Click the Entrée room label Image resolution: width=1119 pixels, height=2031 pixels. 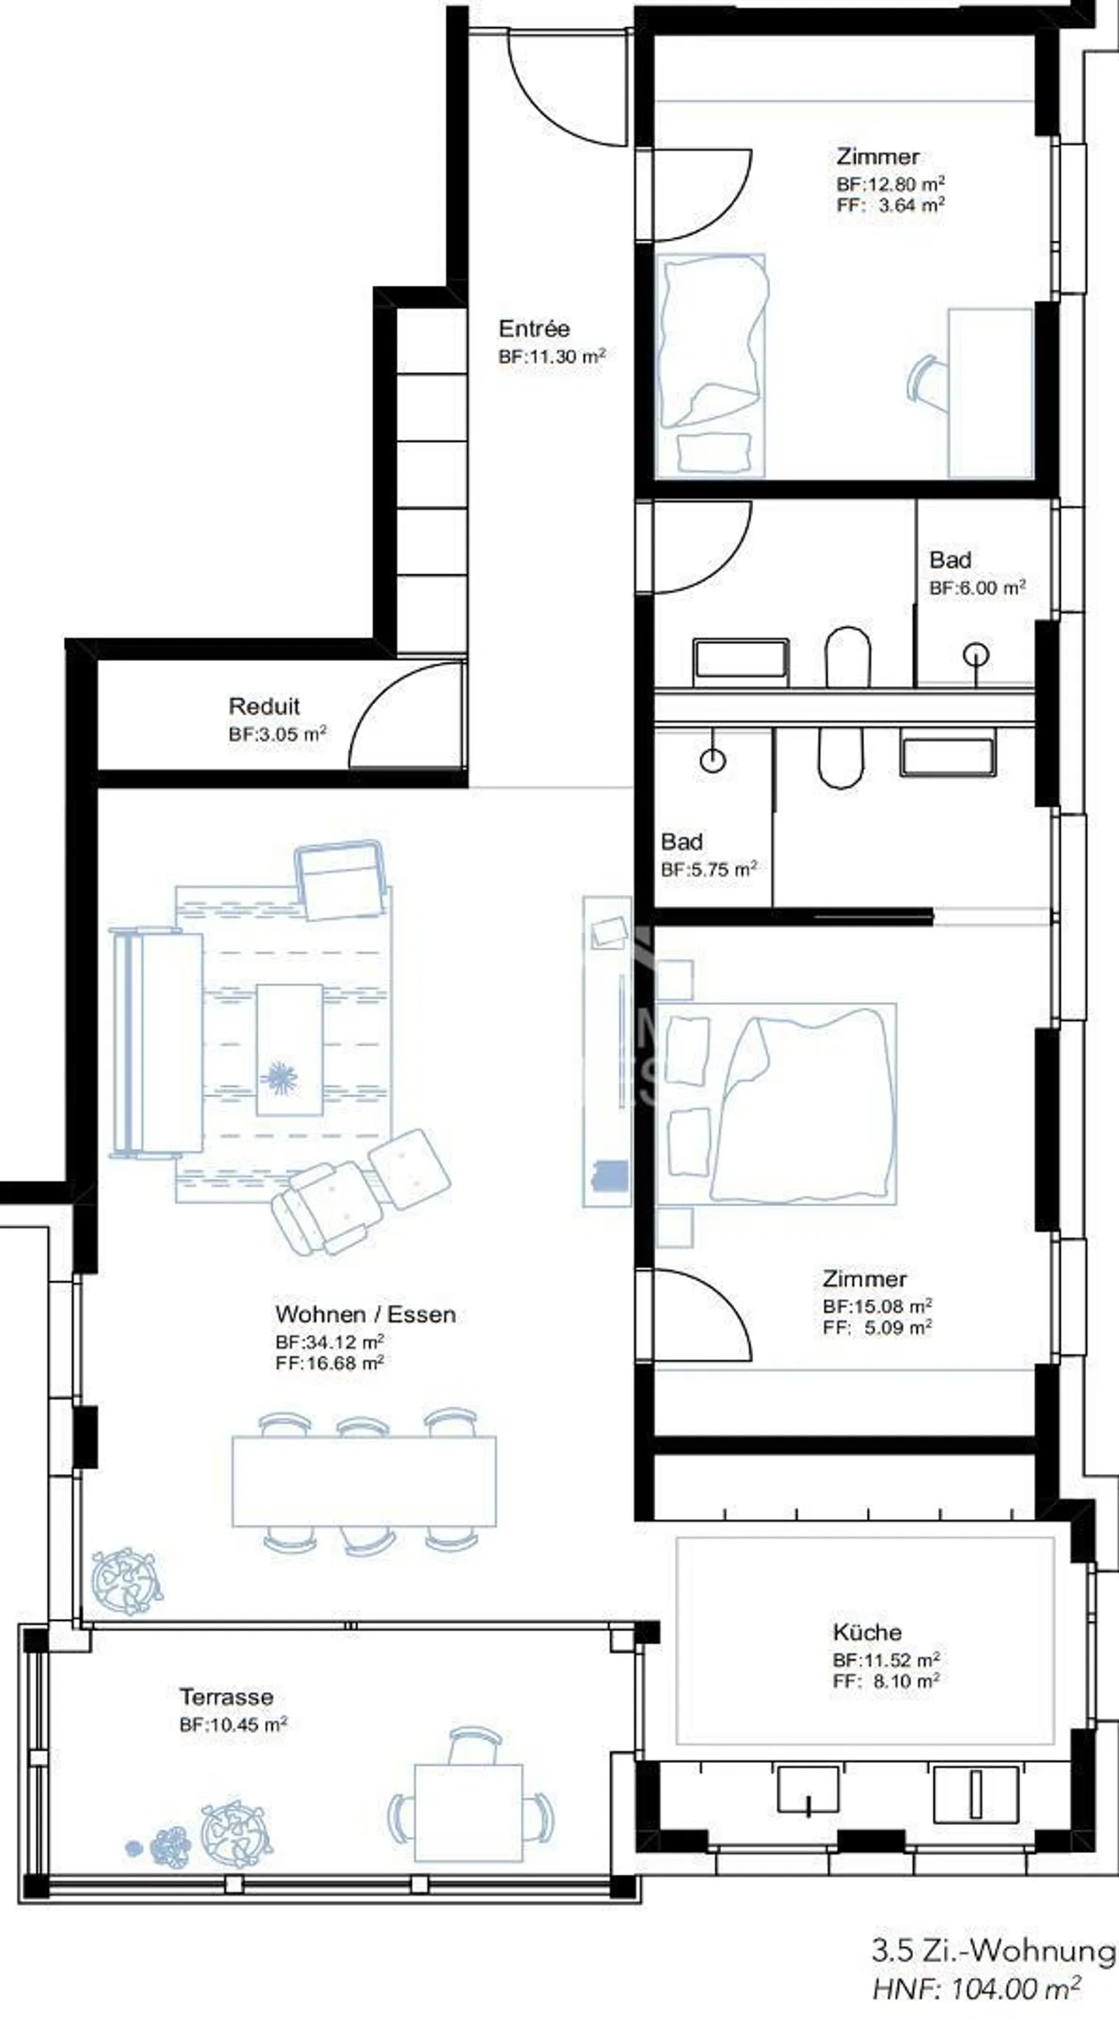534,328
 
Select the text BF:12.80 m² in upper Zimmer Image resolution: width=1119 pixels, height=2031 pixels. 891,184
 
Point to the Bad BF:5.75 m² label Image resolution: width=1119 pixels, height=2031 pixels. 708,855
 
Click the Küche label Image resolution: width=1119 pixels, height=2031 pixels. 866,1632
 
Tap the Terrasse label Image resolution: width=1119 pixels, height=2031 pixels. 226,1697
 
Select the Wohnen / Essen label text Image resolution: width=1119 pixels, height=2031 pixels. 365,1315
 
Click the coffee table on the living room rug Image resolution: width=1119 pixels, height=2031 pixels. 289,1049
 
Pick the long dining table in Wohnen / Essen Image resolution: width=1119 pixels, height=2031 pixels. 364,1482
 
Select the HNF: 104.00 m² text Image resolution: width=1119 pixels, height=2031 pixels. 975,1989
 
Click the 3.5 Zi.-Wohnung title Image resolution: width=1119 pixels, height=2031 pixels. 993,1950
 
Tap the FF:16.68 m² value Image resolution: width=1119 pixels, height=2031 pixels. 329,1364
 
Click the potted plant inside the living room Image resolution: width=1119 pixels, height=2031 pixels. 126,1582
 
